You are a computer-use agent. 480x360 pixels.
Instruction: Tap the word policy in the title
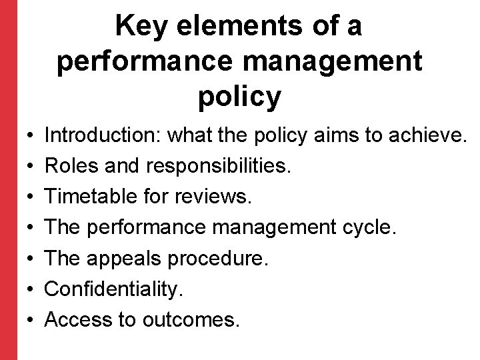[x=239, y=97]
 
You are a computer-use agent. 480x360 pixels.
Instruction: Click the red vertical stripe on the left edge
[x=8, y=180]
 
